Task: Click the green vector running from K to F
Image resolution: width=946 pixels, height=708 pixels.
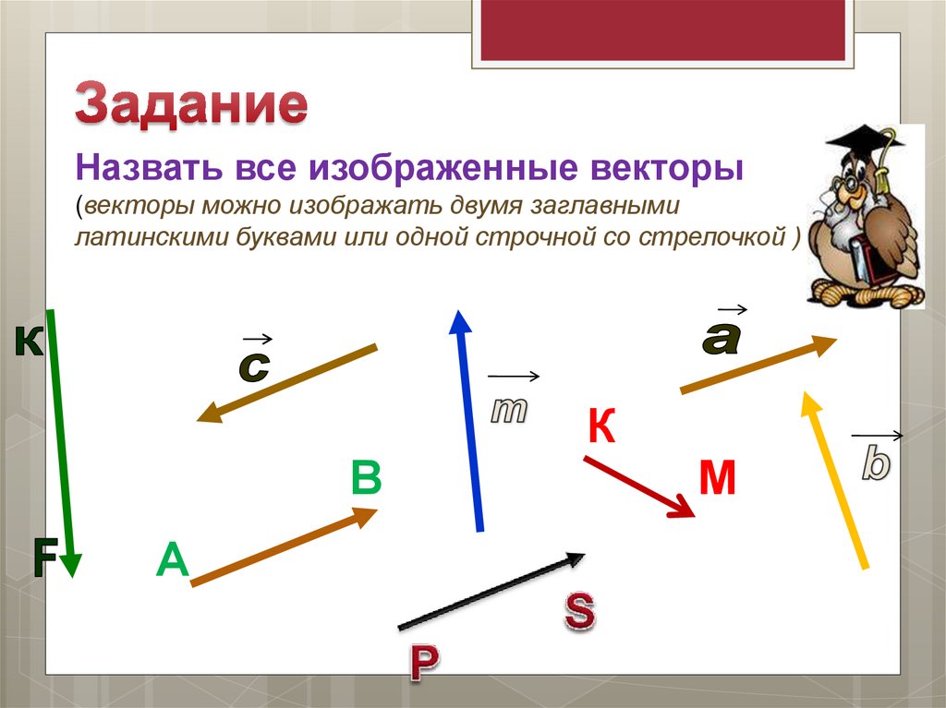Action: pyautogui.click(x=63, y=443)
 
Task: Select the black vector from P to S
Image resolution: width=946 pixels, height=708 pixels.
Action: pyautogui.click(x=491, y=591)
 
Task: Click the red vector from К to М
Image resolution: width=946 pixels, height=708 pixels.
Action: pyautogui.click(x=638, y=486)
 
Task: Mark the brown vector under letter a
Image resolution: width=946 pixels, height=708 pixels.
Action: pyautogui.click(x=758, y=366)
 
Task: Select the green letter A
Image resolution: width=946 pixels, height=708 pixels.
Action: pyautogui.click(x=172, y=560)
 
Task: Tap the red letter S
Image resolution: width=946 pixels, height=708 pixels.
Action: pyautogui.click(x=579, y=612)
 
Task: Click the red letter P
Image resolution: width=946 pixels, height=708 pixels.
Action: pyautogui.click(x=423, y=662)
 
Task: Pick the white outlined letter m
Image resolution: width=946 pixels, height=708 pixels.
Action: pyautogui.click(x=507, y=411)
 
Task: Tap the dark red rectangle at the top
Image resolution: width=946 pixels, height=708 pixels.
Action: pyautogui.click(x=662, y=30)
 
